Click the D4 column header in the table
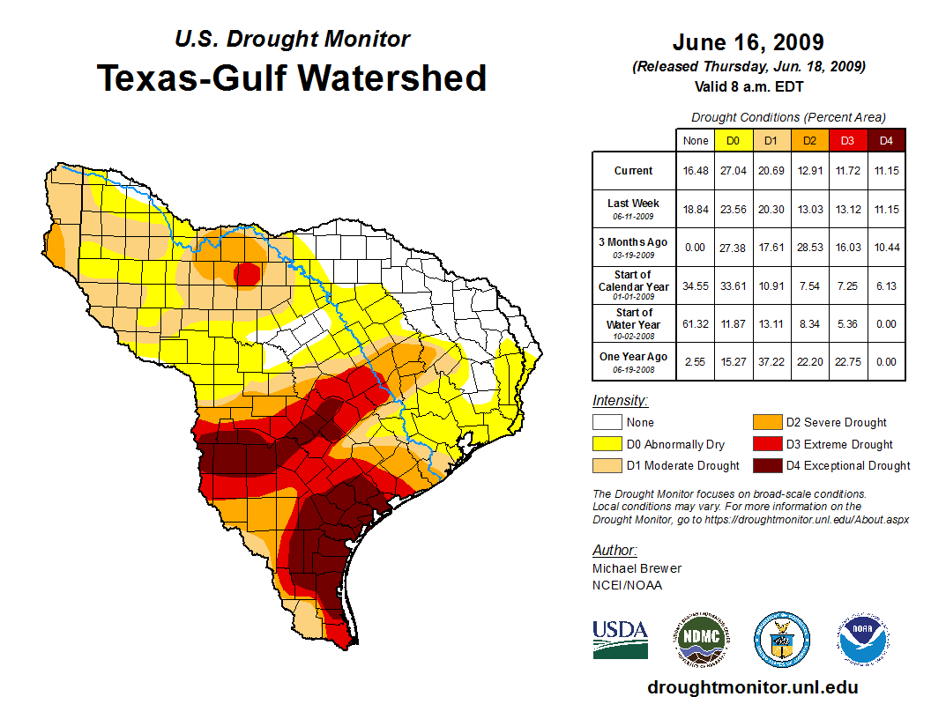[887, 141]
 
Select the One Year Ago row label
[634, 361]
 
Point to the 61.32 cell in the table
[695, 323]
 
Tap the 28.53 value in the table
[809, 247]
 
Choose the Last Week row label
[634, 208]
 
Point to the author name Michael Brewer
[637, 568]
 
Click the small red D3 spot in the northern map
[246, 274]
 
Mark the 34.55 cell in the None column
[695, 285]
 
